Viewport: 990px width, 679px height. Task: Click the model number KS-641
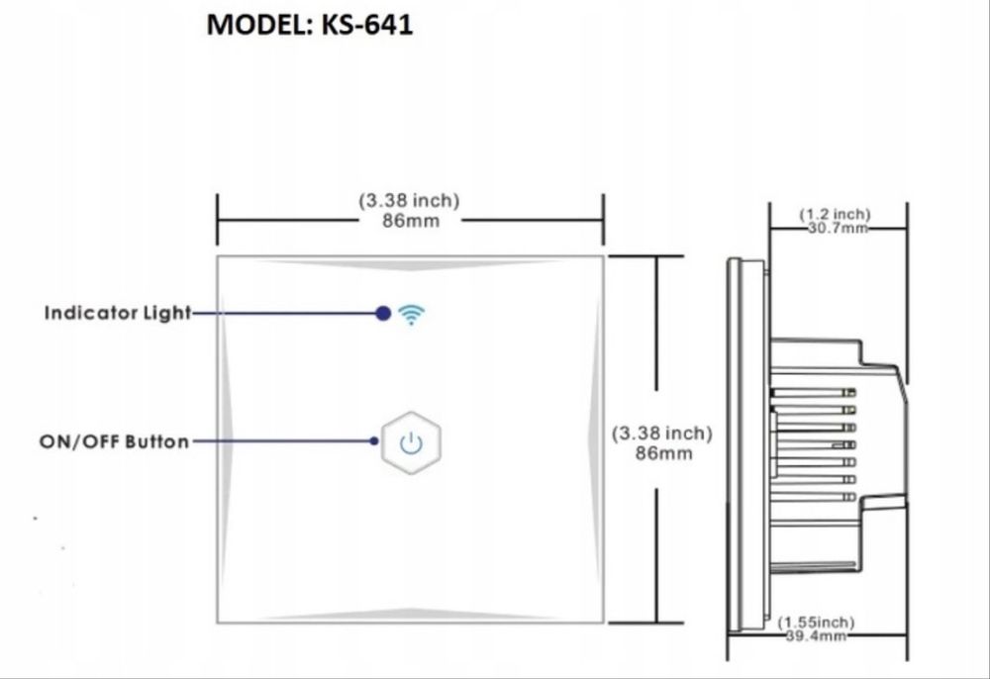[366, 25]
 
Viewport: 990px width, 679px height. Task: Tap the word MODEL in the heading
[257, 25]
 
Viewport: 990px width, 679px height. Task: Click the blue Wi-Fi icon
[411, 314]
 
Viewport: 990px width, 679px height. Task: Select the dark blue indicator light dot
[382, 314]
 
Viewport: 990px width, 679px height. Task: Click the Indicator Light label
[117, 313]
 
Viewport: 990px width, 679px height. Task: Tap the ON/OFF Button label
[114, 441]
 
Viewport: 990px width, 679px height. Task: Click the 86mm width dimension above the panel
[410, 221]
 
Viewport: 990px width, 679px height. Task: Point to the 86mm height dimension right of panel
[663, 453]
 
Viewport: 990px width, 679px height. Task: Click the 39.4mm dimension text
[815, 636]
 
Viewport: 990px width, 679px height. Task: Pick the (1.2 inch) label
[835, 214]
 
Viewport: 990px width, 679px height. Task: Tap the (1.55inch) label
[816, 622]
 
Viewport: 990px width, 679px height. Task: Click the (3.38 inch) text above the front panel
[409, 201]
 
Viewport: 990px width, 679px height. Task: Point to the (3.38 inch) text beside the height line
[661, 434]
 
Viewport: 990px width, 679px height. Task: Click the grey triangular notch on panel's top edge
[410, 264]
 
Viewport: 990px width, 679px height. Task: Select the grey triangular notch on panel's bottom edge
[410, 615]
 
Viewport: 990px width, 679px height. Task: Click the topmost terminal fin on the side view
[812, 391]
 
